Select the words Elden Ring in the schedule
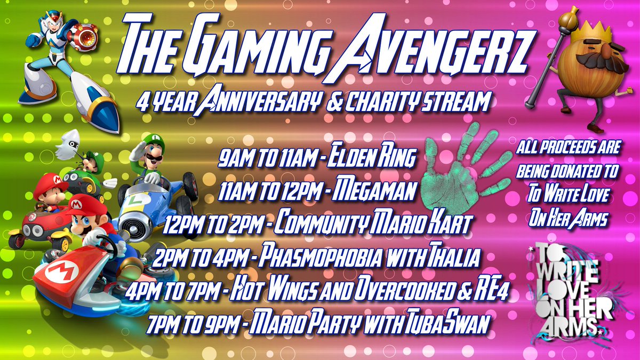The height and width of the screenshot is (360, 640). click(374, 158)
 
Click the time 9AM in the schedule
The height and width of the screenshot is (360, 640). click(232, 158)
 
